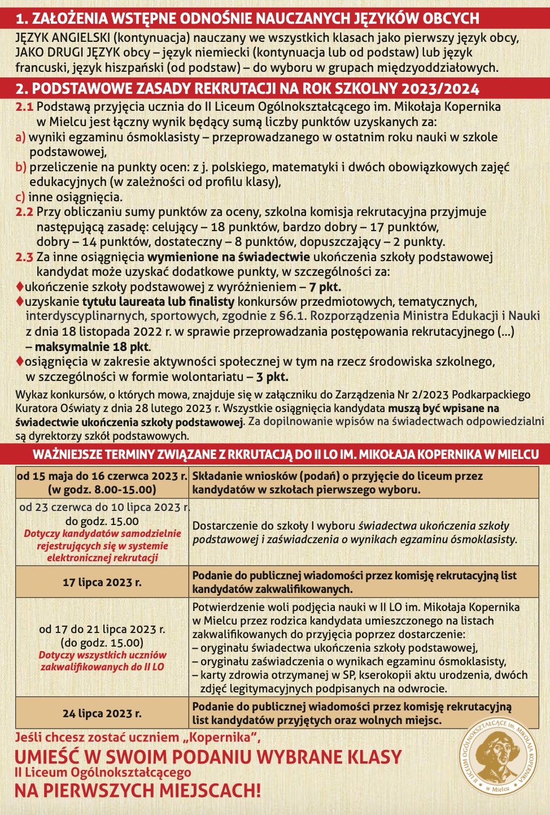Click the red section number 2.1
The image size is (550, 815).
click(x=24, y=107)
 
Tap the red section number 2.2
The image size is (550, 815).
click(x=24, y=212)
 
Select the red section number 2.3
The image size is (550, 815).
click(x=24, y=257)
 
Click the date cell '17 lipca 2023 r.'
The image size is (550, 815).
click(x=102, y=582)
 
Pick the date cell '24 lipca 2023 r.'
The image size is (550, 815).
click(x=102, y=713)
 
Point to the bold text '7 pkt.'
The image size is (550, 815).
click(x=325, y=287)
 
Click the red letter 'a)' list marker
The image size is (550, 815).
click(x=20, y=137)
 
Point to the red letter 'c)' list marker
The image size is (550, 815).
click(x=20, y=197)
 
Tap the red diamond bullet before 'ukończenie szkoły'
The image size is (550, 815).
click(x=20, y=287)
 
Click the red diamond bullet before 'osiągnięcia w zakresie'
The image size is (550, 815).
click(x=20, y=361)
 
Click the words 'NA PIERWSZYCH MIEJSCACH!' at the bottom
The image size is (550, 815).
click(x=138, y=790)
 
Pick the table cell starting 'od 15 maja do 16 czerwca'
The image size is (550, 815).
click(x=102, y=483)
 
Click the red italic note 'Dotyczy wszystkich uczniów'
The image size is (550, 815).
click(x=102, y=655)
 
